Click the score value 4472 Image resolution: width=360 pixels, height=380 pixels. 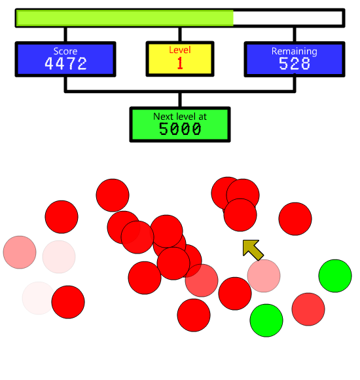tap(65, 64)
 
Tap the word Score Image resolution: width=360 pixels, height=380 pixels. tap(65, 51)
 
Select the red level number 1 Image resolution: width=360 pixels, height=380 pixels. tap(180, 63)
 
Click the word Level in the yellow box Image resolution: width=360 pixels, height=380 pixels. tap(180, 50)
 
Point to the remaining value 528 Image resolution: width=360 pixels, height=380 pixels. tap(295, 64)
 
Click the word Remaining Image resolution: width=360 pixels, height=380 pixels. tap(295, 51)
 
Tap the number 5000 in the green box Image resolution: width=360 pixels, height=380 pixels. tap(180, 128)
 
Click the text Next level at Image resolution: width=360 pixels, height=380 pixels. tap(180, 117)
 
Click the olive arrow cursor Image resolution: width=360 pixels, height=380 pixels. tap(253, 250)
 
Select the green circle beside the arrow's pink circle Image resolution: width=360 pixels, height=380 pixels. tap(335, 276)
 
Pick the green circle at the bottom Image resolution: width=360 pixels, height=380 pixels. tap(266, 320)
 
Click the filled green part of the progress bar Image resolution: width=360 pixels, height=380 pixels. tap(124, 18)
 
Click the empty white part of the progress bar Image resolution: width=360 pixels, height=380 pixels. tap(288, 18)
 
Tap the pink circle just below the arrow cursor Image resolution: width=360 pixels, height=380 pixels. tap(264, 276)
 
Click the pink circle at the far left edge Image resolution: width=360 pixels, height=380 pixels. tap(20, 252)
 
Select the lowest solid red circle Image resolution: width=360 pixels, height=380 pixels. tap(194, 315)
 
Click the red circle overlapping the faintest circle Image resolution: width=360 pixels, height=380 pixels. tap(68, 302)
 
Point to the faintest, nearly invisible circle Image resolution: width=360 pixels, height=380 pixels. tap(38, 298)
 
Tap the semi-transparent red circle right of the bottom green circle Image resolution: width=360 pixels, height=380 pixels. tap(308, 309)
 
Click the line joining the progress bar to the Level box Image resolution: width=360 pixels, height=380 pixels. tap(180, 35)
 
